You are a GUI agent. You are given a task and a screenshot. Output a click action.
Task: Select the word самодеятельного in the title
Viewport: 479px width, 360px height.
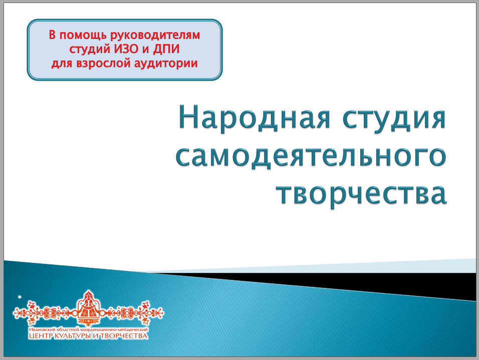[x=311, y=157]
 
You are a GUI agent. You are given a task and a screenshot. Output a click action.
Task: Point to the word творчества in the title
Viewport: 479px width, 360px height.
[x=362, y=195]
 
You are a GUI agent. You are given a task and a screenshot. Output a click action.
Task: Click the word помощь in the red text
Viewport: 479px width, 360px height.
[x=83, y=36]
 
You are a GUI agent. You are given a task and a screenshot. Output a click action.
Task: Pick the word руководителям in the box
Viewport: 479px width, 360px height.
[x=155, y=36]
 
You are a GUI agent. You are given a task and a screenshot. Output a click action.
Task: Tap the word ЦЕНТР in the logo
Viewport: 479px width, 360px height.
[x=40, y=336]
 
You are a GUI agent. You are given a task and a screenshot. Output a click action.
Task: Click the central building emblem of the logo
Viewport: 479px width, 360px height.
[x=88, y=308]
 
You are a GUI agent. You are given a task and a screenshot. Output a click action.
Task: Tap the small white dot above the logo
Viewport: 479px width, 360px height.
[x=20, y=297]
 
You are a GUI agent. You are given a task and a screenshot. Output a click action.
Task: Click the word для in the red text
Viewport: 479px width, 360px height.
[x=62, y=64]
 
